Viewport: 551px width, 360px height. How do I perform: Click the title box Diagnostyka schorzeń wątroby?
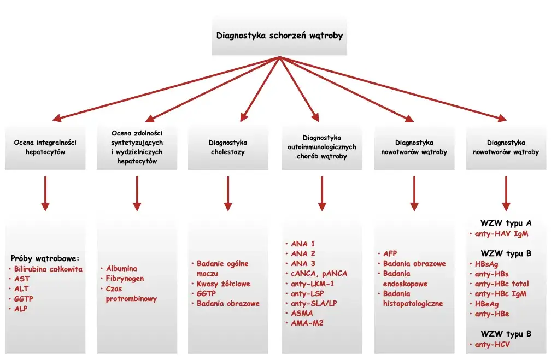point(279,36)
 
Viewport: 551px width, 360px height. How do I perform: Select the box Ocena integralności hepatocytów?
point(45,147)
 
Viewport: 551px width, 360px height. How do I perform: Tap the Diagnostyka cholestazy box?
point(228,147)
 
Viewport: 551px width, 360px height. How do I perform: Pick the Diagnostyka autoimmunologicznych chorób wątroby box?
point(322,147)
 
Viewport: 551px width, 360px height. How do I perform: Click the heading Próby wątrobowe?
point(45,258)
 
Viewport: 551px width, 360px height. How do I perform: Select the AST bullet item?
point(22,279)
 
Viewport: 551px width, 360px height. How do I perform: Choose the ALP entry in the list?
point(21,309)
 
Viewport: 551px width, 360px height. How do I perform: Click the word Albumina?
point(121,269)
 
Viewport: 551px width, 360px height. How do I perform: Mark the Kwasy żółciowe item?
point(224,284)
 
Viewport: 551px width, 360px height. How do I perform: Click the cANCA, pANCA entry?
point(319,274)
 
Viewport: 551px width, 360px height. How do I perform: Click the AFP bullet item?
point(390,254)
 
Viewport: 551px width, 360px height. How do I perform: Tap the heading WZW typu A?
point(506,223)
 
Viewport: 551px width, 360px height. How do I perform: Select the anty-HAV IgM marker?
point(502,234)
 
